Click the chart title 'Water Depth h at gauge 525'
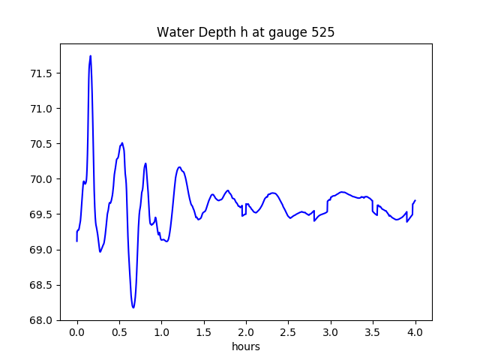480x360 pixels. coord(245,33)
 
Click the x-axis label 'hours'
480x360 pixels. coord(245,346)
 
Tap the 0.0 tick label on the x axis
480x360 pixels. coord(77,331)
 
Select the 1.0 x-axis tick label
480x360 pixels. coord(162,331)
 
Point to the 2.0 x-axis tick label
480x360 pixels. coord(247,331)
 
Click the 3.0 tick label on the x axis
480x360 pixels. coord(331,331)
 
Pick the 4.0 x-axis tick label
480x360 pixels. coord(415,331)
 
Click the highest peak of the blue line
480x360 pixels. coord(91,55)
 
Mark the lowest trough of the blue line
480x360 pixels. coord(133,307)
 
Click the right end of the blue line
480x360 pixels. coord(415,201)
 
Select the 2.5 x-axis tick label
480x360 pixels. coord(289,331)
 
